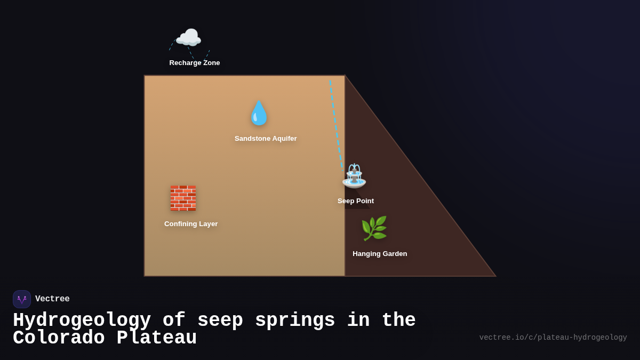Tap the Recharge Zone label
(195, 63)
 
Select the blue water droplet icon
(259, 113)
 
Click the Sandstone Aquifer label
(266, 139)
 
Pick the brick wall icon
(183, 198)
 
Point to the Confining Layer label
(191, 224)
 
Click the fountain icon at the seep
(354, 176)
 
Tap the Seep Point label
(356, 201)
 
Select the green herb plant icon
(374, 228)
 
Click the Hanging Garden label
(380, 254)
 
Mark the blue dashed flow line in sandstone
(335, 123)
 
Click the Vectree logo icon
(22, 299)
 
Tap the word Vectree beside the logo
(52, 299)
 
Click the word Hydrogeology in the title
(82, 321)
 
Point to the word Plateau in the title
(157, 338)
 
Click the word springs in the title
(295, 321)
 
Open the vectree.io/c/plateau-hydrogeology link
(553, 338)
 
